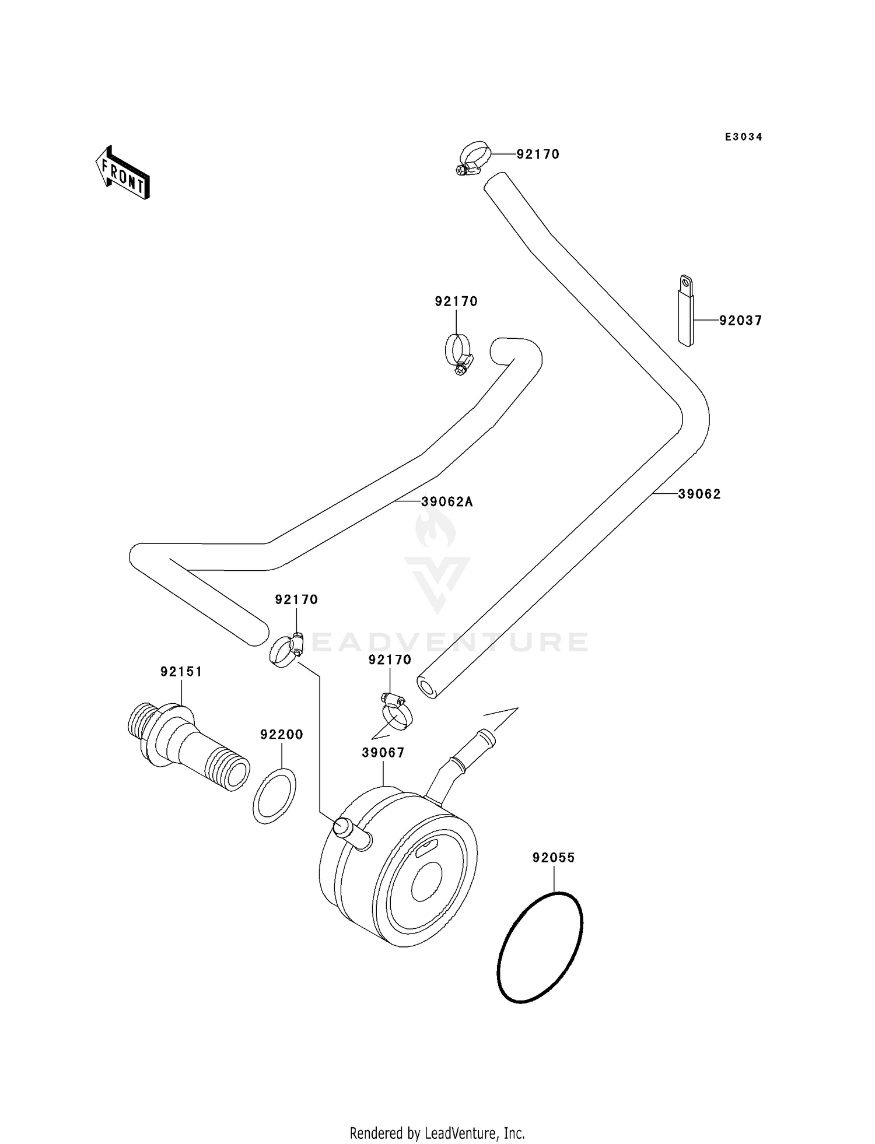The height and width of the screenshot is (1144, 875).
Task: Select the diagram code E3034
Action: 743,137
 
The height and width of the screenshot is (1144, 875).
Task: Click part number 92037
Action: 740,321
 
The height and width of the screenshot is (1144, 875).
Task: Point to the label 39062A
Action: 447,502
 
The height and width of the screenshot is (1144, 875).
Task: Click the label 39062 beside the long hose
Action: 699,494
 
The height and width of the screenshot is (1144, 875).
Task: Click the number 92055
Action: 553,858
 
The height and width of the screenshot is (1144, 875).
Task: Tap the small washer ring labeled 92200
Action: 274,796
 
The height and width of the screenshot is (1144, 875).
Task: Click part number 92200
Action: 282,735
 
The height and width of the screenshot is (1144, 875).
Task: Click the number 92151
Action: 181,672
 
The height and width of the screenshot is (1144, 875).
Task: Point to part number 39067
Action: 383,753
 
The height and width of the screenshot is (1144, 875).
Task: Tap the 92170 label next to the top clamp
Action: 537,155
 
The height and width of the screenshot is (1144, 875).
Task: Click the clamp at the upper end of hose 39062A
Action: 458,353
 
